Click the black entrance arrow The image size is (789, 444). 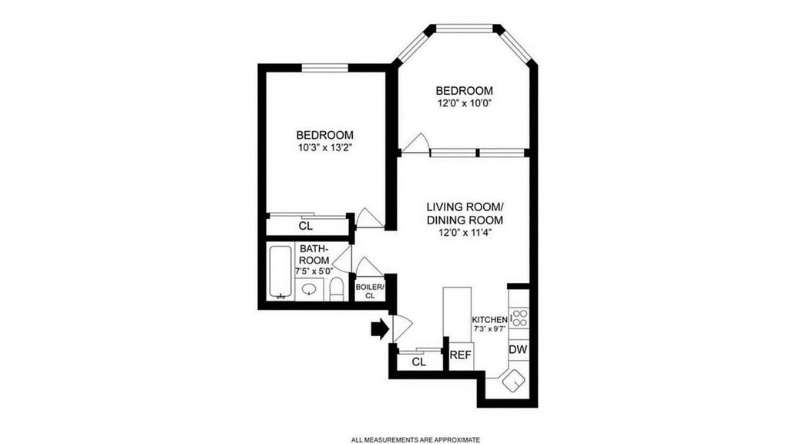click(380, 329)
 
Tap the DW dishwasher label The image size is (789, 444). click(518, 349)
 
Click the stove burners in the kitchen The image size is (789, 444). click(520, 318)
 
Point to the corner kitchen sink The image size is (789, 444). click(514, 380)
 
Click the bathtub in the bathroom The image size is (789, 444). click(280, 272)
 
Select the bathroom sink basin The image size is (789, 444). click(308, 290)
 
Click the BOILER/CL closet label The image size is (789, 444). click(370, 291)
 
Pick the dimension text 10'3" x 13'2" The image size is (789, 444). click(324, 148)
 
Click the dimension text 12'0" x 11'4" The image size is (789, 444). click(465, 233)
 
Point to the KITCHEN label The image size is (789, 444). click(489, 320)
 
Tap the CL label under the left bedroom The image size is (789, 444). click(305, 226)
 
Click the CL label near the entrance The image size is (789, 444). click(418, 362)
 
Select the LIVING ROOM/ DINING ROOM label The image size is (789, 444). click(465, 214)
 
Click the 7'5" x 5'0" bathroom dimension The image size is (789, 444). click(314, 271)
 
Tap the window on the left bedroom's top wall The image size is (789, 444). click(324, 68)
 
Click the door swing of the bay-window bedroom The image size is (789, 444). click(416, 142)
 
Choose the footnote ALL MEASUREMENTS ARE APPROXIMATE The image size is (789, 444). click(415, 439)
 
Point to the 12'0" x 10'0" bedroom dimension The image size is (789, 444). click(464, 104)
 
